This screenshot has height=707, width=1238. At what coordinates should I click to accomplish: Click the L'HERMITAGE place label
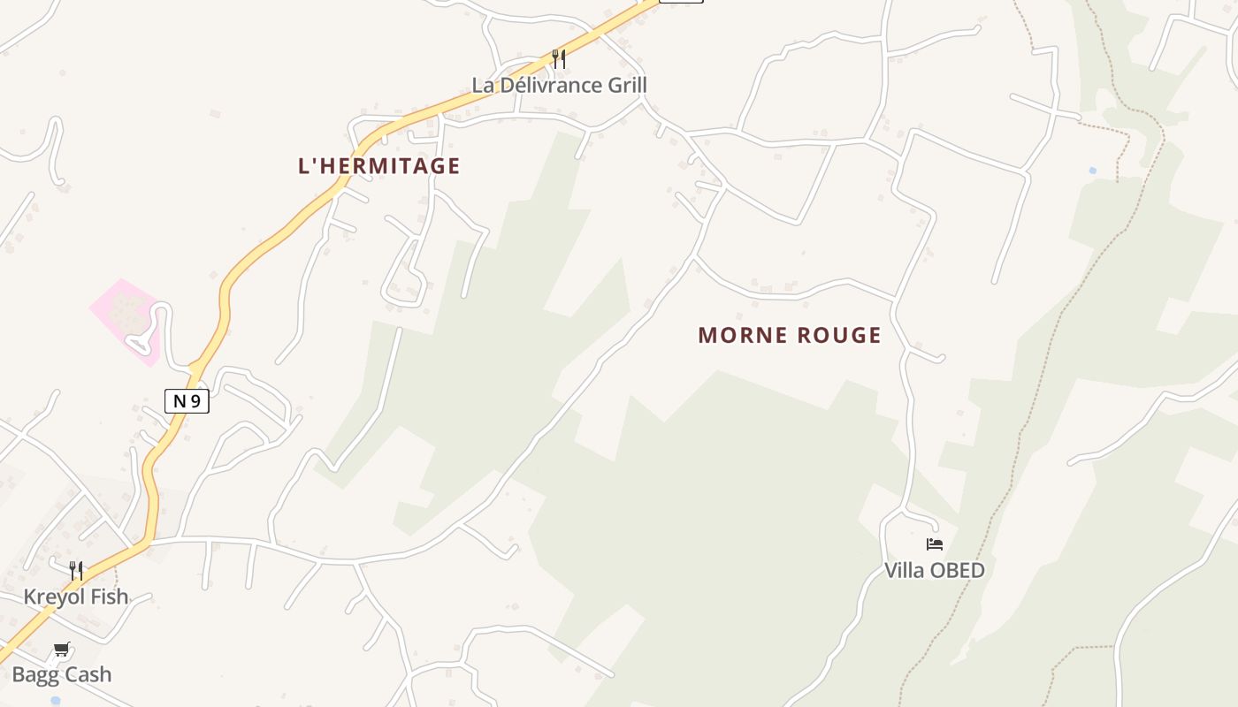[379, 166]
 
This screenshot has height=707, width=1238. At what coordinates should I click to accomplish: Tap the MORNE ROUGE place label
[790, 336]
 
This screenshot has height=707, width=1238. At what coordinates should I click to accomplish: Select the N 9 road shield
[187, 401]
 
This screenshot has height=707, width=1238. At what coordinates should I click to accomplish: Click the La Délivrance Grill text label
[559, 86]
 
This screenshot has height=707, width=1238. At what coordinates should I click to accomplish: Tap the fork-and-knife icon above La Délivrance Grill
[559, 59]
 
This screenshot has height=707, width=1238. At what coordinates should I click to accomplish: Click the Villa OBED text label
[935, 571]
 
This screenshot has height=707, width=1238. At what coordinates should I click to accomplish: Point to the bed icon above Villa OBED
[935, 544]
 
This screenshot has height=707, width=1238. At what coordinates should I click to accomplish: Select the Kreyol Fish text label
[76, 597]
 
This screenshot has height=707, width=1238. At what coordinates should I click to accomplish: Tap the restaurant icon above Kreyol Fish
[76, 571]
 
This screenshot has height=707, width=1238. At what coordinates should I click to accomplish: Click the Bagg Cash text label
[62, 675]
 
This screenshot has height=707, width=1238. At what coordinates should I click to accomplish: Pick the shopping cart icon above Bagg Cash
[62, 650]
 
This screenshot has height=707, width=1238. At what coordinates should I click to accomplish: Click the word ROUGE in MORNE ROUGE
[839, 336]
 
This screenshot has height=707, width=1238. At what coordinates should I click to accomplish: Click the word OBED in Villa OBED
[959, 571]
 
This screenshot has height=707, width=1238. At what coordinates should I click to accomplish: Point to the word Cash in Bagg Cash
[88, 675]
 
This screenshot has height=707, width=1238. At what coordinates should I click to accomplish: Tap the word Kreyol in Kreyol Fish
[55, 597]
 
